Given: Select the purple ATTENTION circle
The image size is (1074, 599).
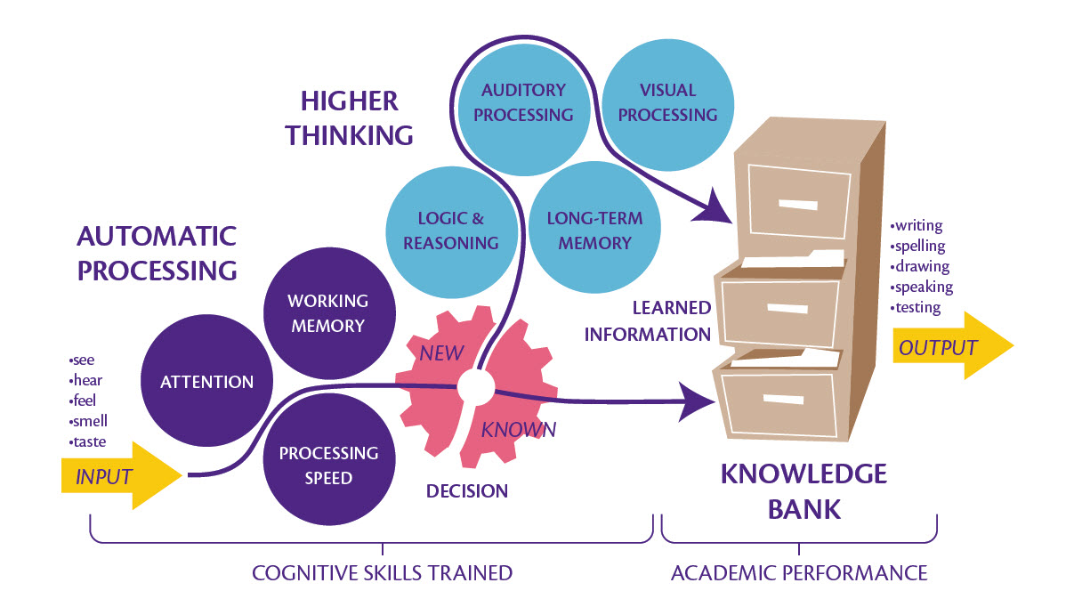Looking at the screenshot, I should [206, 382].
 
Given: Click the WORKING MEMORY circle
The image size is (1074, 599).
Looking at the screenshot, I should [327, 313].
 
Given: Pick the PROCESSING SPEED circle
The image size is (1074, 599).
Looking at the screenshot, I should [328, 465].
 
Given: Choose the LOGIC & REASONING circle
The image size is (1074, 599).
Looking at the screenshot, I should [451, 231].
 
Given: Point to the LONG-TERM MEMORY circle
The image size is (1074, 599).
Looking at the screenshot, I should [594, 231].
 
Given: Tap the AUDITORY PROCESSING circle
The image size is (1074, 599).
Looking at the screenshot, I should [523, 102].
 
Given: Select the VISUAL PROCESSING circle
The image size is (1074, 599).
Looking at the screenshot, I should [667, 102].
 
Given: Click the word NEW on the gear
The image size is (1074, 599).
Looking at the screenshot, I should [441, 352].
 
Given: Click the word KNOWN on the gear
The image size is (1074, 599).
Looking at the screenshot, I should [519, 430].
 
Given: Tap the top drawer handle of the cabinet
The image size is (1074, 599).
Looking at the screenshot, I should [797, 204].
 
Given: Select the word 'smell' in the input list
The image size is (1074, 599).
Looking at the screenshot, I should [88, 421].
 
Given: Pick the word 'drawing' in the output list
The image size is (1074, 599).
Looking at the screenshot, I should [921, 267].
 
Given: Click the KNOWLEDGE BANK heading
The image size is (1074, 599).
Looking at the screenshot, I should [803, 490].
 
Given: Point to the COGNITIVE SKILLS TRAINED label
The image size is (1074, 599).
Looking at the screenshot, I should [383, 572].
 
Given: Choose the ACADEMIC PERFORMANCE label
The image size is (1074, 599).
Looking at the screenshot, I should [799, 572].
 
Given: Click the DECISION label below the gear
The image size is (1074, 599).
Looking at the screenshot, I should [467, 490].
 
